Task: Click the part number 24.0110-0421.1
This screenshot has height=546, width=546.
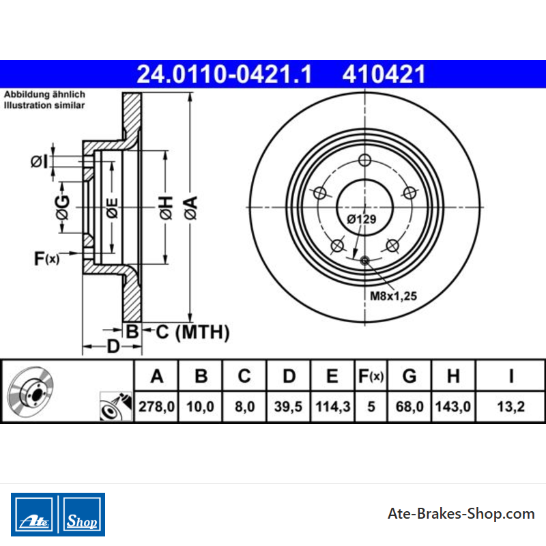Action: (224, 74)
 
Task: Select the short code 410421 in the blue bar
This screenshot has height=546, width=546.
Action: (384, 74)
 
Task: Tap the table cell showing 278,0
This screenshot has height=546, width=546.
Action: (156, 406)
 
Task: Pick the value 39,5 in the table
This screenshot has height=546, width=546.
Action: (288, 406)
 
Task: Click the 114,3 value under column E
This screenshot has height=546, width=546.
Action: (332, 406)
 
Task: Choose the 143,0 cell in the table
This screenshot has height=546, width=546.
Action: (453, 406)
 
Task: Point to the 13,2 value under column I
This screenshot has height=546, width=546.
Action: (511, 406)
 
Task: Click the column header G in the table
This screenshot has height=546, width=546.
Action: (409, 376)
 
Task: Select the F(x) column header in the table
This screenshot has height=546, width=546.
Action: (371, 376)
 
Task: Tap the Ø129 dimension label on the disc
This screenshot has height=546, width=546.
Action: (362, 219)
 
